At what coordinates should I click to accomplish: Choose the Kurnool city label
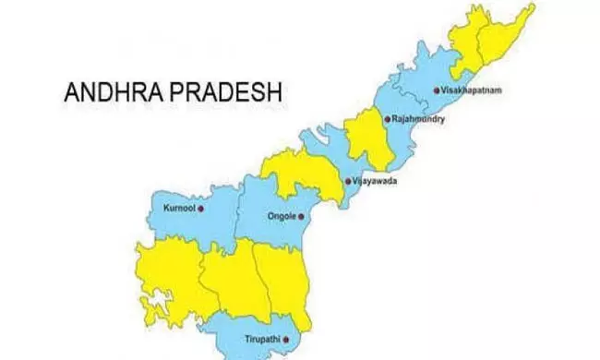pos(179,209)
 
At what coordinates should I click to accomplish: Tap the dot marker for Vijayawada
pos(346,181)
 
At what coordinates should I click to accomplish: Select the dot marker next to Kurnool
pos(200,209)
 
